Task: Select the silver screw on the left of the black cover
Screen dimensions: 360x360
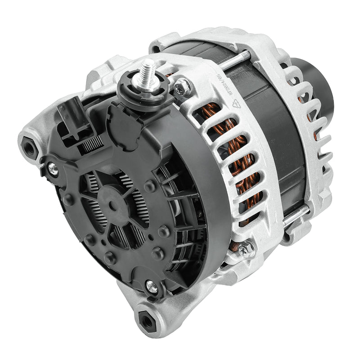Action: (x=53, y=168)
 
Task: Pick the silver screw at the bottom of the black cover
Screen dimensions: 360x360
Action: (x=153, y=287)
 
